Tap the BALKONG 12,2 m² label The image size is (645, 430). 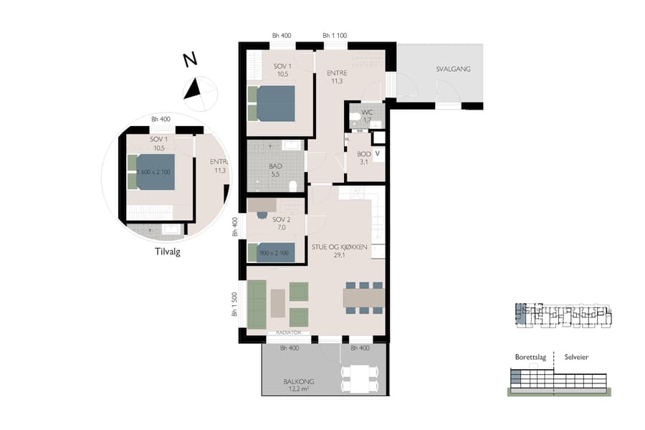tap(299, 385)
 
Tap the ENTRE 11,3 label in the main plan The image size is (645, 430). tap(336, 77)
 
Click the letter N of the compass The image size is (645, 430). tap(190, 61)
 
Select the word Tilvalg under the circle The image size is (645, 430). tap(167, 252)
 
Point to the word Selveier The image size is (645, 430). tap(576, 357)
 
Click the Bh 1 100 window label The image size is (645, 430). tap(335, 36)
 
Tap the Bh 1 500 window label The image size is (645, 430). tap(234, 305)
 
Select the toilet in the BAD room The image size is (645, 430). tap(292, 187)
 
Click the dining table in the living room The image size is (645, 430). tap(364, 297)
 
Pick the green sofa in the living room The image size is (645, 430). tap(256, 305)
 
